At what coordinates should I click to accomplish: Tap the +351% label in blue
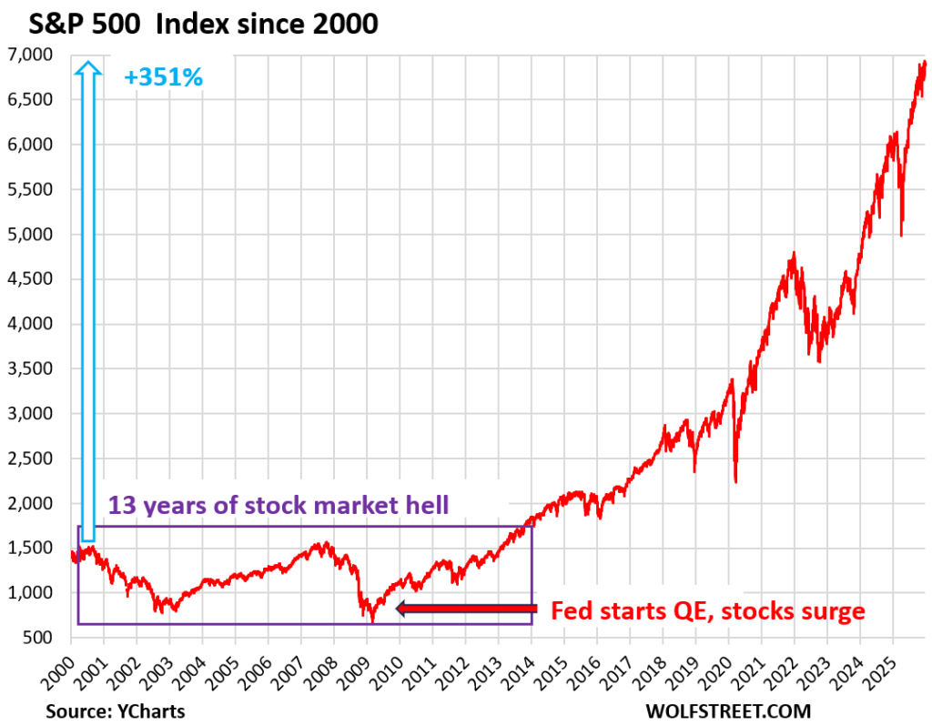click(163, 78)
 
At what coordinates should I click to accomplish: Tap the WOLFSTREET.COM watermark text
click(728, 710)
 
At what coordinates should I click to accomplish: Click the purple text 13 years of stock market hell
click(279, 506)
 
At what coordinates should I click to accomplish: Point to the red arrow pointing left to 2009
click(464, 609)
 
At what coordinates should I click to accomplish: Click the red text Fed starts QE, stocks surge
click(708, 610)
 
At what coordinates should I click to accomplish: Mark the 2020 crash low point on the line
click(735, 482)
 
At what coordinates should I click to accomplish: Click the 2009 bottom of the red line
click(372, 622)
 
